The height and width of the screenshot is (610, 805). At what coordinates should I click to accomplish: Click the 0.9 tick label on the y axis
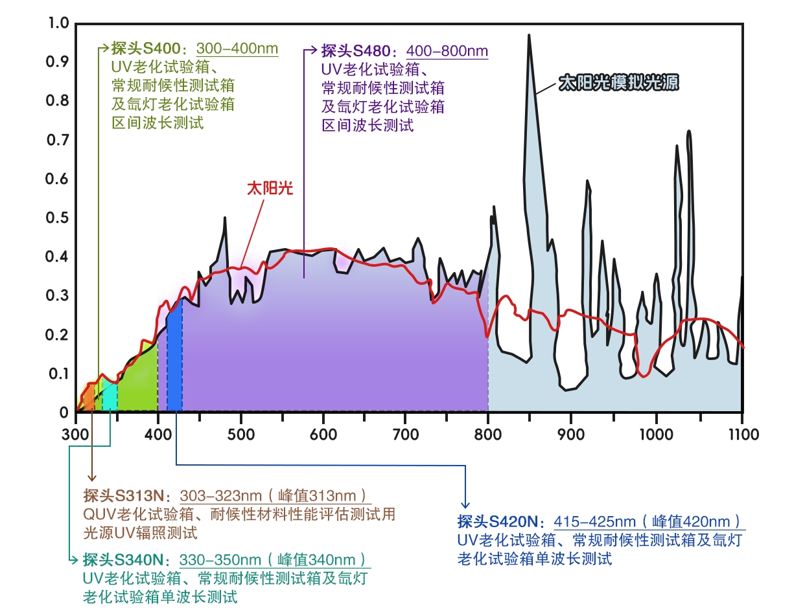(x=59, y=62)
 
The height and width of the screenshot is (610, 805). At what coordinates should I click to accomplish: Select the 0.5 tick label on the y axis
(x=59, y=218)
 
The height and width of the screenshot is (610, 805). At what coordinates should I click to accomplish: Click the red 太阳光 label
(x=270, y=188)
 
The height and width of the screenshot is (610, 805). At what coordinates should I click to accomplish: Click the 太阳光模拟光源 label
(x=618, y=84)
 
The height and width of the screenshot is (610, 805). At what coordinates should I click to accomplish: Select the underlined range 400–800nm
(x=447, y=51)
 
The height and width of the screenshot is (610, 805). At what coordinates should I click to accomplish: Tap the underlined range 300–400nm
(x=237, y=49)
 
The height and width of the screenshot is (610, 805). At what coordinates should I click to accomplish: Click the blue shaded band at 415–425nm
(x=174, y=363)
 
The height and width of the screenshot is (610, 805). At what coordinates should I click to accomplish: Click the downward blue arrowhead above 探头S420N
(x=464, y=504)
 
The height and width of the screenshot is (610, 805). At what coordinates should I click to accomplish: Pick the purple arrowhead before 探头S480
(x=314, y=50)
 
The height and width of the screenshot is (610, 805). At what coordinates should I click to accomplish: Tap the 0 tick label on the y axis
(x=64, y=412)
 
